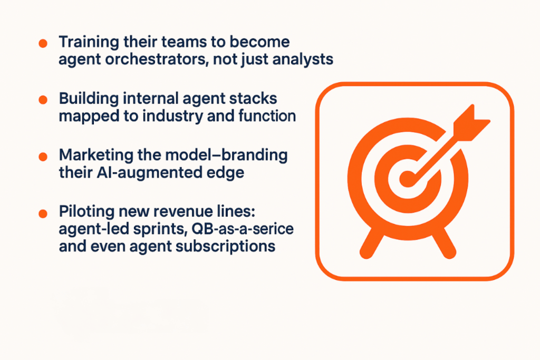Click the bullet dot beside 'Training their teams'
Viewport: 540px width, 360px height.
pos(43,43)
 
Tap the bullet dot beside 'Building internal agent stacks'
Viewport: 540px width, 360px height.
pos(43,100)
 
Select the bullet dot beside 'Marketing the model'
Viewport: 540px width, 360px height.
pos(43,157)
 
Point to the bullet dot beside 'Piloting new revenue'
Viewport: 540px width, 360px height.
pos(43,213)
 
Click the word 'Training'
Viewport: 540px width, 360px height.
pos(89,43)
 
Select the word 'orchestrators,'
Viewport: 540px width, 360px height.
pos(157,59)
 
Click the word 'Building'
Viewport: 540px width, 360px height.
pos(89,99)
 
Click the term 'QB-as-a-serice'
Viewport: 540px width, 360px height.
pos(243,229)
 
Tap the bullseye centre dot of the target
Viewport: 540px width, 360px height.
pos(407,179)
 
